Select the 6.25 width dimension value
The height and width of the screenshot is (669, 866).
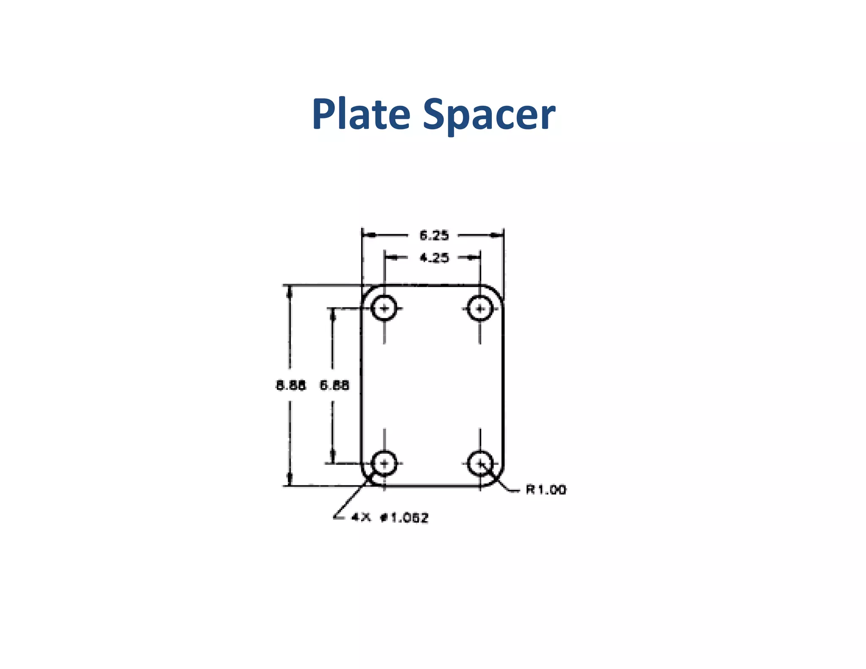(x=434, y=235)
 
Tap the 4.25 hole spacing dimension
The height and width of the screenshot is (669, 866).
(x=434, y=258)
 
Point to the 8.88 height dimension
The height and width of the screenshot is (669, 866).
(x=290, y=385)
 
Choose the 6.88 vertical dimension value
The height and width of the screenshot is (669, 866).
(x=334, y=385)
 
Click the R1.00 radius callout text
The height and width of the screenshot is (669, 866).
(x=545, y=490)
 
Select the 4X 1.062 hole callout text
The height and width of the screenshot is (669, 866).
(x=390, y=518)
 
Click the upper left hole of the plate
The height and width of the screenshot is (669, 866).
(x=384, y=308)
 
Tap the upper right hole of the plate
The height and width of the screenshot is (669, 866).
(x=480, y=308)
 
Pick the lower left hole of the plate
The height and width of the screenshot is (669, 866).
(x=384, y=463)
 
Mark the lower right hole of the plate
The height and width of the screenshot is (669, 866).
(x=480, y=463)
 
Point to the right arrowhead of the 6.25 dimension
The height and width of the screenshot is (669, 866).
(x=497, y=235)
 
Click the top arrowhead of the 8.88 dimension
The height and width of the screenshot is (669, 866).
(x=290, y=292)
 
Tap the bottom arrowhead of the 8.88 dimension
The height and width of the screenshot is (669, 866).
(x=290, y=479)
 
